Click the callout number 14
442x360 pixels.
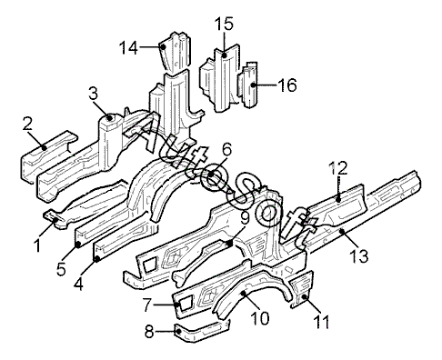click(x=129, y=48)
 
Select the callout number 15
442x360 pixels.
click(x=224, y=25)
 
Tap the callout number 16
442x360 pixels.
click(x=286, y=85)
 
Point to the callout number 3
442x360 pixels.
click(x=94, y=94)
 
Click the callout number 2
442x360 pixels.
click(x=27, y=124)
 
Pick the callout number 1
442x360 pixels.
click(x=37, y=245)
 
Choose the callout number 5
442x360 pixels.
click(x=61, y=269)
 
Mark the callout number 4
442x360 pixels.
click(x=78, y=285)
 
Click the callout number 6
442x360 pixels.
click(x=226, y=150)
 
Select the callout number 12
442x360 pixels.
click(x=338, y=168)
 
